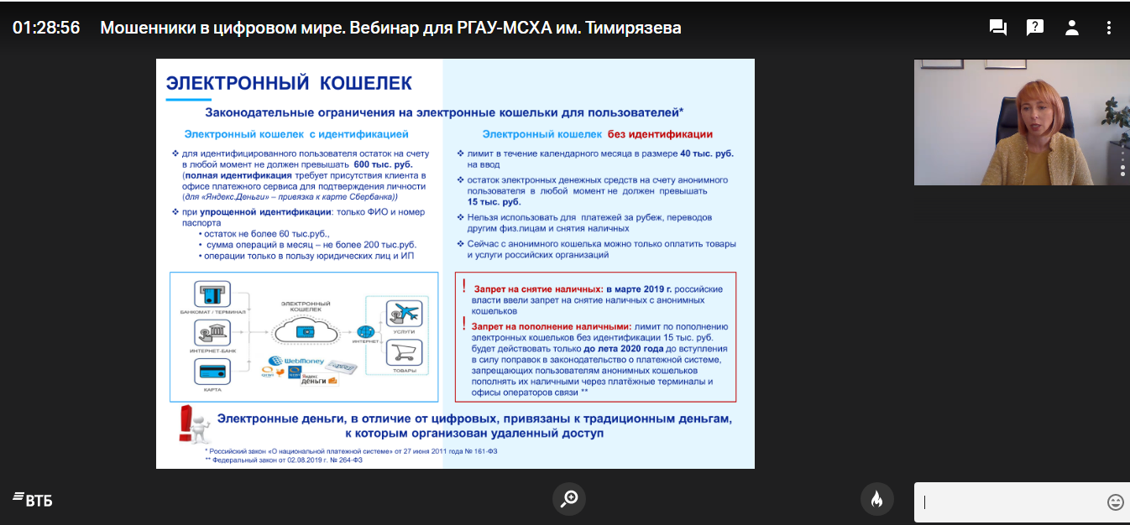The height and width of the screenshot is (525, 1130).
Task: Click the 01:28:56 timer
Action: pyautogui.click(x=46, y=28)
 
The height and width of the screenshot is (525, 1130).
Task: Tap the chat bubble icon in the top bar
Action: pyautogui.click(x=998, y=28)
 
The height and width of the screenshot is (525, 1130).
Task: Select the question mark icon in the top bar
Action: pyautogui.click(x=1035, y=28)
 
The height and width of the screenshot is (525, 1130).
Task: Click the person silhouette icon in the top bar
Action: pyautogui.click(x=1072, y=28)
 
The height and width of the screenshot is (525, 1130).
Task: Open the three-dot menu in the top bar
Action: pyautogui.click(x=1109, y=28)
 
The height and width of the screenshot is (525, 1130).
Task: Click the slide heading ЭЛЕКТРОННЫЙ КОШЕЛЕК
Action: pyautogui.click(x=289, y=83)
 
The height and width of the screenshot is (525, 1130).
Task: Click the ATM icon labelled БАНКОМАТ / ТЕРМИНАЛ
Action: pyautogui.click(x=212, y=295)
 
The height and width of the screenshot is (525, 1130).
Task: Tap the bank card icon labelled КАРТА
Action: pyautogui.click(x=212, y=371)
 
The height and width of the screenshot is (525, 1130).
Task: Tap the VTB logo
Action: pyautogui.click(x=33, y=501)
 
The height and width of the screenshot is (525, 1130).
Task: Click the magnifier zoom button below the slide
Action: pyautogui.click(x=568, y=499)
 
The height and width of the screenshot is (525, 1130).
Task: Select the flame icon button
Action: pyautogui.click(x=876, y=499)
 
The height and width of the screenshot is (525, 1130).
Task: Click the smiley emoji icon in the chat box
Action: pyautogui.click(x=1115, y=502)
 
